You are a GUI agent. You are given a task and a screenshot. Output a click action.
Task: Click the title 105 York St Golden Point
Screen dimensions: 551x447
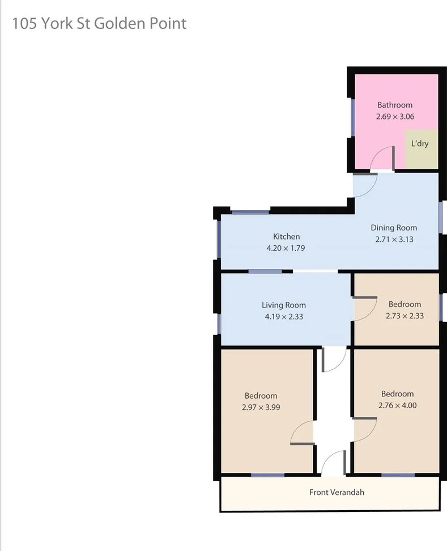click(x=99, y=24)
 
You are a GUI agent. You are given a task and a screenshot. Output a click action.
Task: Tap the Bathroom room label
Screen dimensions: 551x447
click(x=395, y=105)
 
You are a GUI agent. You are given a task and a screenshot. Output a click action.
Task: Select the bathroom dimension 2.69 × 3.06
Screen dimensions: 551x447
click(x=395, y=117)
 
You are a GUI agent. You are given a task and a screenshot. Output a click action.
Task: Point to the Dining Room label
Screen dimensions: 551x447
click(x=394, y=228)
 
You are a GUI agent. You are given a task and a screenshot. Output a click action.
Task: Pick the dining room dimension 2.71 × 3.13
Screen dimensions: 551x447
click(x=394, y=239)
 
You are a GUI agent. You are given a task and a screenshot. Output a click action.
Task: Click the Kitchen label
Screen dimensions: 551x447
click(x=286, y=236)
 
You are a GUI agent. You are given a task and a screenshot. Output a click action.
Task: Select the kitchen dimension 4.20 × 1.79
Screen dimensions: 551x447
click(x=286, y=247)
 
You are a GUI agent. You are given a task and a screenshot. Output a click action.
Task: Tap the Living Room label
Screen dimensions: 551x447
click(x=283, y=305)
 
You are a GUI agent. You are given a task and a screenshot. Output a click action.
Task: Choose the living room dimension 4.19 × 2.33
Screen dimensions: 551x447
click(x=283, y=317)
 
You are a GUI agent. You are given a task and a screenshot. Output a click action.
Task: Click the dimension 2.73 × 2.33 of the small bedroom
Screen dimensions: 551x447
click(x=405, y=316)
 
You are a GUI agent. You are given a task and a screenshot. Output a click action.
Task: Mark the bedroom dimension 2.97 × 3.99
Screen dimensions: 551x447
click(x=261, y=407)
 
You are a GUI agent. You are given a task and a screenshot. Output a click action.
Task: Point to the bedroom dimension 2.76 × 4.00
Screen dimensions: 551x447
click(x=397, y=405)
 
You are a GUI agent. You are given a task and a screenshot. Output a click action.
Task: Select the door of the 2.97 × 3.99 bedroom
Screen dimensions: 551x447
click(x=303, y=433)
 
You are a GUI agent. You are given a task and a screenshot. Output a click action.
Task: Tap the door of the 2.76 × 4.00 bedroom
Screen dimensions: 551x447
click(x=364, y=430)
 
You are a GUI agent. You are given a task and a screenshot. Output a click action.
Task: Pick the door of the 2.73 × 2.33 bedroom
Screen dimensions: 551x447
click(x=365, y=309)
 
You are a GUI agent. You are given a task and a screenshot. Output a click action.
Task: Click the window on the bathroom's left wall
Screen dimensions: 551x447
click(x=353, y=118)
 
